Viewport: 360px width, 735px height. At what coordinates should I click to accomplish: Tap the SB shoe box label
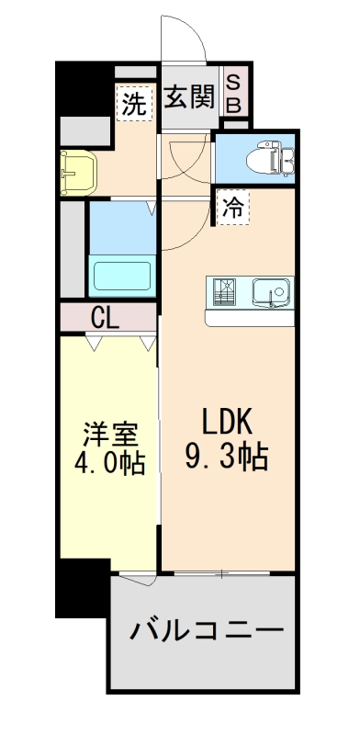(x=233, y=95)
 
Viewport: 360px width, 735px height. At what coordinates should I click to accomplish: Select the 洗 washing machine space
(x=134, y=104)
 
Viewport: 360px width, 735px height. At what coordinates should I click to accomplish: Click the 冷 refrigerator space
(x=232, y=208)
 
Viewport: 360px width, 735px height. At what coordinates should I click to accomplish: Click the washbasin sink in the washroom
(x=76, y=170)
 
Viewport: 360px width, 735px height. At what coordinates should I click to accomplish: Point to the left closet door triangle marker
(x=94, y=342)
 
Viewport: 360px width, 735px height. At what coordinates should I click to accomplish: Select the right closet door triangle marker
(x=147, y=342)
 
